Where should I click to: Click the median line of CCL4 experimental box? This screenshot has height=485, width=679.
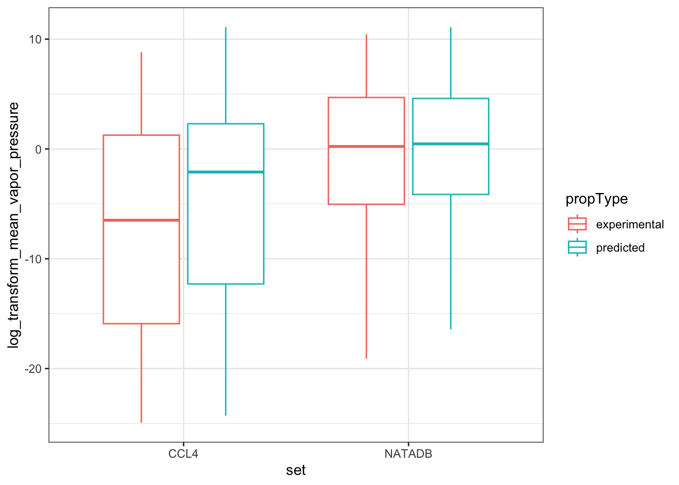click(x=141, y=220)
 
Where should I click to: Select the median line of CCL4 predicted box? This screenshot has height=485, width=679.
click(x=226, y=172)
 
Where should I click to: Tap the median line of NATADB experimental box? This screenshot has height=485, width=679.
click(x=366, y=147)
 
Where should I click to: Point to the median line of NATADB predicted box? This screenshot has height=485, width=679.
click(x=451, y=144)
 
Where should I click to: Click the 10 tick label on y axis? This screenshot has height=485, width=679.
click(x=35, y=39)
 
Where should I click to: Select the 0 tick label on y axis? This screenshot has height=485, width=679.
click(x=38, y=149)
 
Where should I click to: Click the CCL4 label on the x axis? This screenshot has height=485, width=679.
click(x=183, y=454)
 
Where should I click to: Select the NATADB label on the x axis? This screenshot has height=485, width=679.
click(x=408, y=454)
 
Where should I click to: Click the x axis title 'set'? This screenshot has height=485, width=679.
click(x=296, y=471)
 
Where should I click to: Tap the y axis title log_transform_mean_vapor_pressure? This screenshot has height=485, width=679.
click(x=14, y=225)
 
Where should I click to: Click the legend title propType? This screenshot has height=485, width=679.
click(x=597, y=199)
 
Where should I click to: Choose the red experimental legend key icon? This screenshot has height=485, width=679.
click(x=577, y=224)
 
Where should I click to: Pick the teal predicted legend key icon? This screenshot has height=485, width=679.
click(x=577, y=248)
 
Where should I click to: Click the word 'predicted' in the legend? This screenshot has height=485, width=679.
click(x=620, y=248)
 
